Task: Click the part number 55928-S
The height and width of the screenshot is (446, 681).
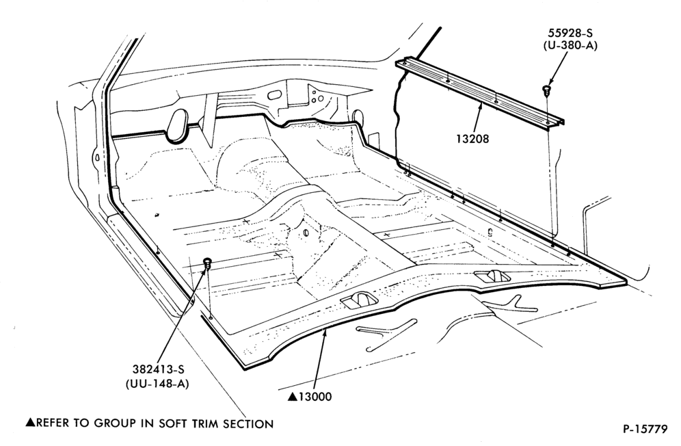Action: pyautogui.click(x=570, y=33)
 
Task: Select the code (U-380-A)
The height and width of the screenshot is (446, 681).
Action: pyautogui.click(x=570, y=45)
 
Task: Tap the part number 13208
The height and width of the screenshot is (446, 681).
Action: pyautogui.click(x=472, y=139)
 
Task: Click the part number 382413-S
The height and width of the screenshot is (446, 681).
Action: pyautogui.click(x=159, y=370)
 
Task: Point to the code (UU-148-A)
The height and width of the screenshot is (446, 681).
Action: pyautogui.click(x=157, y=384)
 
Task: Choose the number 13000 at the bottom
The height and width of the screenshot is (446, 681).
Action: pyautogui.click(x=315, y=397)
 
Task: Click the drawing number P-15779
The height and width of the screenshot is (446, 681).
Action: pyautogui.click(x=645, y=429)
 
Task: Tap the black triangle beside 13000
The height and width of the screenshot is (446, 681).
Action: pyautogui.click(x=293, y=397)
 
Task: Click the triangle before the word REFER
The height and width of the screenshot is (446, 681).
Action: pyautogui.click(x=30, y=423)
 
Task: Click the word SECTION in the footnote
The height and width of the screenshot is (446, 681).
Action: pyautogui.click(x=248, y=424)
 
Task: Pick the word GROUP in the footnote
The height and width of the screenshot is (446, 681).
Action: pyautogui.click(x=118, y=424)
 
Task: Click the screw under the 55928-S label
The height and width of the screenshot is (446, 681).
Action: pyautogui.click(x=547, y=90)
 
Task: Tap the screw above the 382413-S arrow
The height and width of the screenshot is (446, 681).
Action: pyautogui.click(x=208, y=262)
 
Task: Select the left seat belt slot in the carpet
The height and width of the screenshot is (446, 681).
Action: pyautogui.click(x=359, y=300)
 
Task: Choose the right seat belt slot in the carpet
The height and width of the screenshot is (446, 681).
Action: pyautogui.click(x=493, y=276)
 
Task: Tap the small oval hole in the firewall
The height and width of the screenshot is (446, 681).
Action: pyautogui.click(x=274, y=94)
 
